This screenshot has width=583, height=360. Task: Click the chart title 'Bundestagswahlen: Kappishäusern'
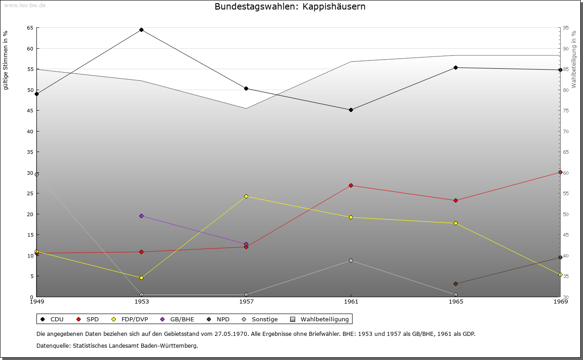(x=290, y=7)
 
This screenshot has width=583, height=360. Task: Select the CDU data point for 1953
(x=141, y=30)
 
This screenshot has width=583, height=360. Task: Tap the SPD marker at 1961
(x=351, y=185)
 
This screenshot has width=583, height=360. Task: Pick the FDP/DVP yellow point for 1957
(x=246, y=196)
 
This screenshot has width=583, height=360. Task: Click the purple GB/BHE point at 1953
(x=141, y=216)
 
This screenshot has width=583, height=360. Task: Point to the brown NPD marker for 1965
(x=455, y=284)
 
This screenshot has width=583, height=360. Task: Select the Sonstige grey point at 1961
(x=351, y=260)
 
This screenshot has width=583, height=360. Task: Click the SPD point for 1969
(x=560, y=172)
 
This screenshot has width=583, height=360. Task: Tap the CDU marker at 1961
(x=351, y=110)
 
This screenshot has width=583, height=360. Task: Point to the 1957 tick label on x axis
(x=246, y=301)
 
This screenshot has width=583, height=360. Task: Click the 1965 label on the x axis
(x=456, y=301)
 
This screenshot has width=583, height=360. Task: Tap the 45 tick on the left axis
(x=30, y=111)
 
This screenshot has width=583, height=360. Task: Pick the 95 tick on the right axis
(x=565, y=28)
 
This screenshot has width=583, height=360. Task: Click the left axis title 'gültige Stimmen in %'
(x=5, y=60)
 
